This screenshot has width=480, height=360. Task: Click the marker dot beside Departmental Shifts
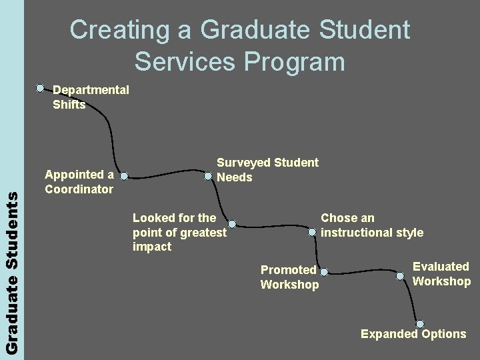41,87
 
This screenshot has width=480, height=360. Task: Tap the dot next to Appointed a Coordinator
123,177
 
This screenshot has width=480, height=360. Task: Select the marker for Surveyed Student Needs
209,177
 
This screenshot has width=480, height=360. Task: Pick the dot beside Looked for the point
232,224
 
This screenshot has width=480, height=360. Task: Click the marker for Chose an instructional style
312,232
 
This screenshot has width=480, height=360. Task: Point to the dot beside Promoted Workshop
324,272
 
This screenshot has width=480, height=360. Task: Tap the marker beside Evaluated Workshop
400,275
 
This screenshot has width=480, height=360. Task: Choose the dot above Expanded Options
419,324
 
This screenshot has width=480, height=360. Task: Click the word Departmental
91,90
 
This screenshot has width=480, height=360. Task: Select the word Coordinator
79,189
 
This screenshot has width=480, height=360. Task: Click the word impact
152,247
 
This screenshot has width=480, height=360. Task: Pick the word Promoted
288,270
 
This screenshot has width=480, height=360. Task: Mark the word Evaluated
441,267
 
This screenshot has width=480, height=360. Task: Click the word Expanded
385,334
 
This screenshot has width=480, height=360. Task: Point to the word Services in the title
185,61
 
